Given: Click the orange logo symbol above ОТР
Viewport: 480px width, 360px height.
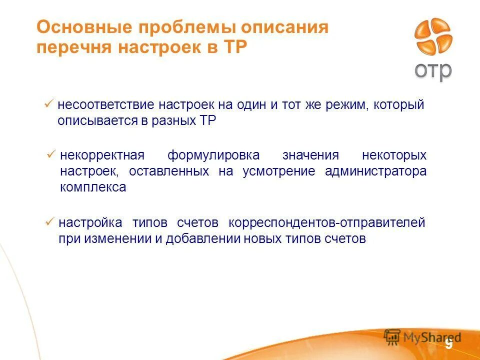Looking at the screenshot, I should point(433,37).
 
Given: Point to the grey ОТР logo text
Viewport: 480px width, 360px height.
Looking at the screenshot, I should point(433,70).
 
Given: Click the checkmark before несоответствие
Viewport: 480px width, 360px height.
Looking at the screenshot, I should point(49,104).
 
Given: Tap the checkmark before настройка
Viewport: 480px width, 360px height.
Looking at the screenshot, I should point(49,221).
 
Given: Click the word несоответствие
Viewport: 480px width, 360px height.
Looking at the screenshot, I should point(105,105).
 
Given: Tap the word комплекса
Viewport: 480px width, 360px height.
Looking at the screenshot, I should point(93,188).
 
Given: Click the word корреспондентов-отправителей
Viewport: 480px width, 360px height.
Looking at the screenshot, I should point(326,222).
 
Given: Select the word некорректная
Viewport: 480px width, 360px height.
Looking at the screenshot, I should point(102,155).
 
